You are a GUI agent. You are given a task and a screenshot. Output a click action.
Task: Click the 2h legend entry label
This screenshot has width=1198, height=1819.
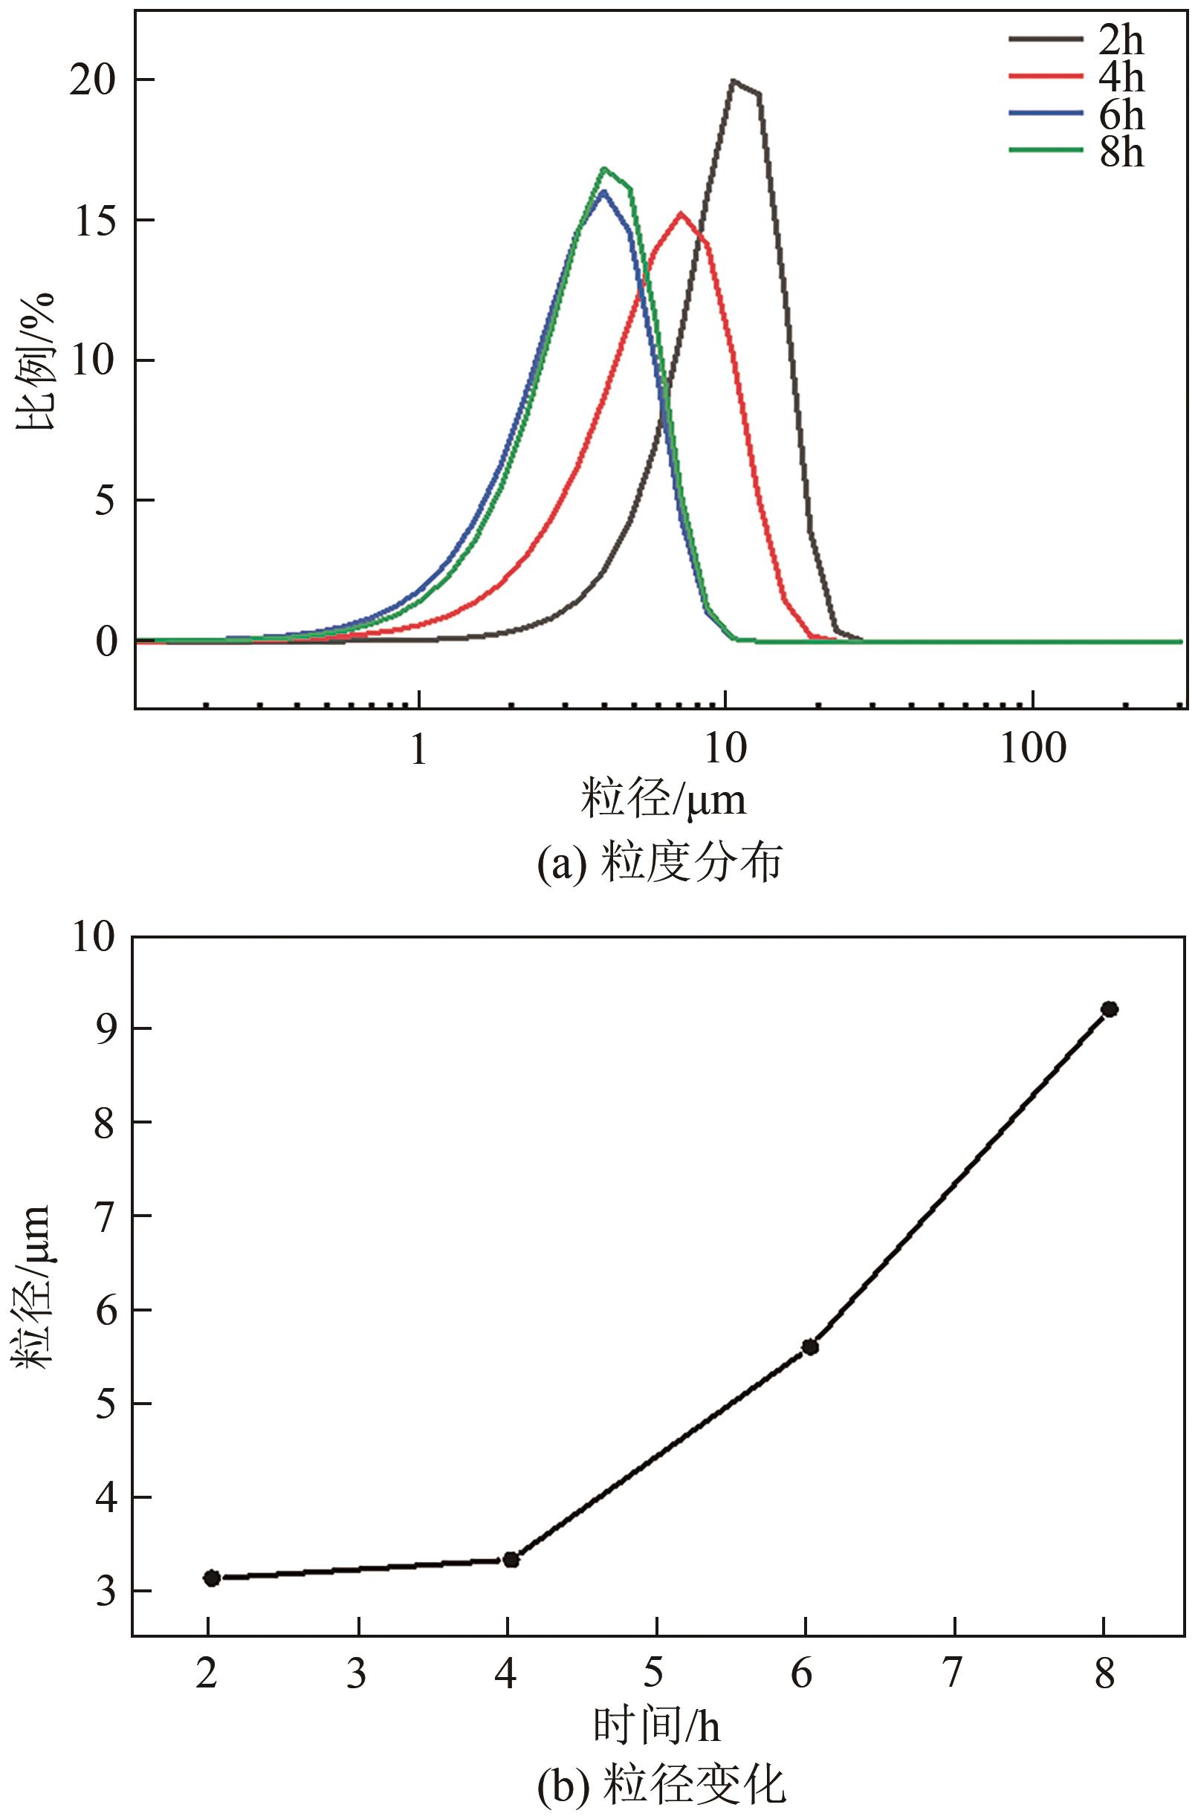tap(1121, 39)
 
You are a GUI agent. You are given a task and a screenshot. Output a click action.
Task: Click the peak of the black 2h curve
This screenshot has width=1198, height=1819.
tap(734, 80)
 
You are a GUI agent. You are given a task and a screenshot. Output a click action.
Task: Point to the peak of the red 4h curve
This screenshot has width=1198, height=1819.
tap(681, 213)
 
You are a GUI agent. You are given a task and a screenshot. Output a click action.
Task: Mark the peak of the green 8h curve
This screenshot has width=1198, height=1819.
tap(604, 169)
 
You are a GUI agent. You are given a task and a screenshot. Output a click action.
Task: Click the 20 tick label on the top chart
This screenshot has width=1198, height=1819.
tap(92, 81)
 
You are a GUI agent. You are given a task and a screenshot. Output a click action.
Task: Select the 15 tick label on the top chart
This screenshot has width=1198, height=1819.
tap(92, 221)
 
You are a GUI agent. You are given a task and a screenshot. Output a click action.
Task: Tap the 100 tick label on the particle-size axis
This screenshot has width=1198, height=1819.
tap(1033, 750)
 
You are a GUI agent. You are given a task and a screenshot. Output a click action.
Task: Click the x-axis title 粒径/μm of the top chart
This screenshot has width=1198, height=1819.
tap(664, 800)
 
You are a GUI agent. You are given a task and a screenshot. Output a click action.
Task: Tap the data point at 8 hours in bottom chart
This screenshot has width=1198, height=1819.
tap(1110, 1009)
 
